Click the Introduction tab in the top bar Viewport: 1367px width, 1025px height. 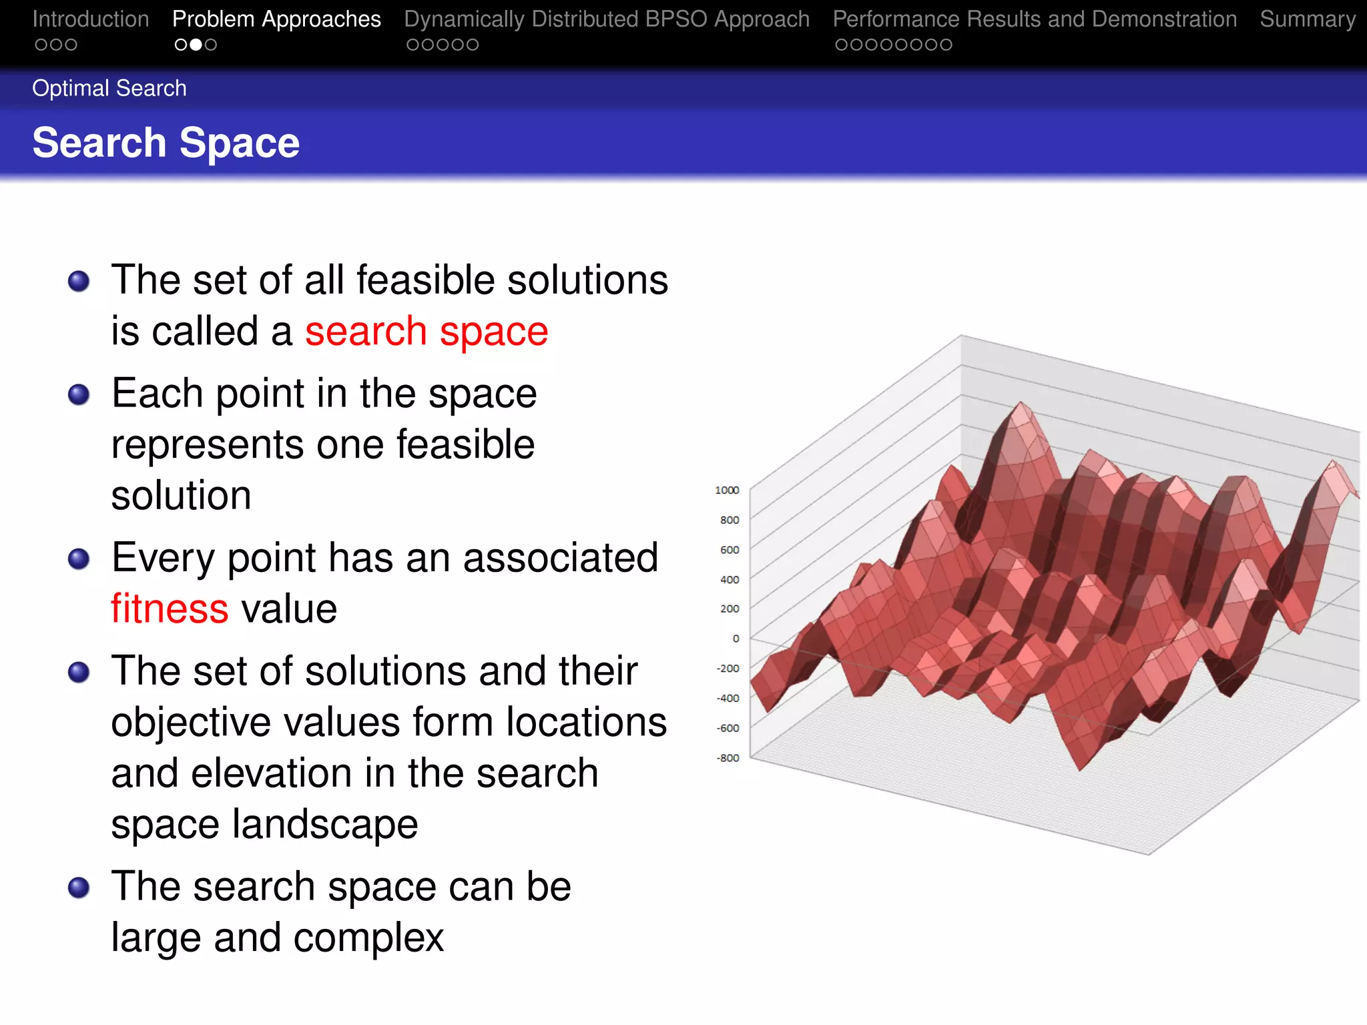90,19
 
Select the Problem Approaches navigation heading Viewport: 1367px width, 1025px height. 276,19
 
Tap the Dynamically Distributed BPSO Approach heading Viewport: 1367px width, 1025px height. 606,19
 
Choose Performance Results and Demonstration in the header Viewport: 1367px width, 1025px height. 1035,19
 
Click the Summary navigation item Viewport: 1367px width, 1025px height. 1307,19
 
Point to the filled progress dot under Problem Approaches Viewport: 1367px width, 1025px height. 196,45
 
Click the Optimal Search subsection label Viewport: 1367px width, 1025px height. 109,88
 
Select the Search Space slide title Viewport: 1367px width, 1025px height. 166,143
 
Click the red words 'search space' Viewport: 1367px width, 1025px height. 426,332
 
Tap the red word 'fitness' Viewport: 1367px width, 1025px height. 170,609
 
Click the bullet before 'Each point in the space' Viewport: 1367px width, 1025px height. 79,394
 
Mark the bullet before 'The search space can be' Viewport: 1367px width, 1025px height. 79,888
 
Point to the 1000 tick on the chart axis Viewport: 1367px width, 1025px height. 727,490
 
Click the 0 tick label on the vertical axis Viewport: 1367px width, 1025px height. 736,639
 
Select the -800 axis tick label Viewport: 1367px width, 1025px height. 728,758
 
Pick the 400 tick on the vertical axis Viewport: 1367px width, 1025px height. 730,579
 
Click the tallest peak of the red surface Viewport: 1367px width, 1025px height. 1021,405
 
